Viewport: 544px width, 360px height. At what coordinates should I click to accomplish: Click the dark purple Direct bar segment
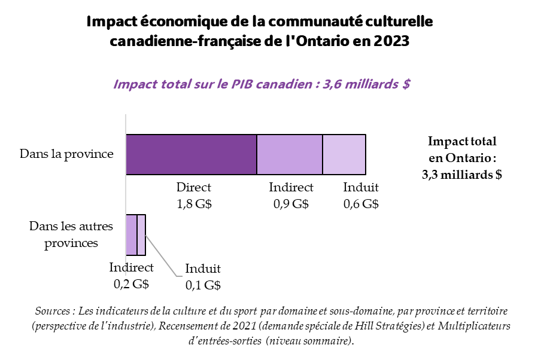click(191, 154)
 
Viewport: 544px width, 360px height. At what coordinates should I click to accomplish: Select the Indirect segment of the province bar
click(290, 154)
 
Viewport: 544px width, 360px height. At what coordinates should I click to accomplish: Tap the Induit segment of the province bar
click(344, 154)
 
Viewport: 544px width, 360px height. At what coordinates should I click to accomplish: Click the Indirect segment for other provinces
click(131, 227)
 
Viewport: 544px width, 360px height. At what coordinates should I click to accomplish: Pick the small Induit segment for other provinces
click(141, 227)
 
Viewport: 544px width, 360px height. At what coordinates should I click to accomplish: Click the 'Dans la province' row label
click(66, 154)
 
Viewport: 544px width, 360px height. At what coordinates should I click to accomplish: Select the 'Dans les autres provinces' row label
click(71, 235)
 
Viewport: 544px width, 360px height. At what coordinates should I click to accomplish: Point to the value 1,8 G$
click(194, 203)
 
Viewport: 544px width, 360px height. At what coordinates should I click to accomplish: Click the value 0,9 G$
click(291, 203)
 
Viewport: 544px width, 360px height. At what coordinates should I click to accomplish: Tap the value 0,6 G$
click(361, 203)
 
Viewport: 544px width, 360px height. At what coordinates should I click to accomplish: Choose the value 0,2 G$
click(131, 284)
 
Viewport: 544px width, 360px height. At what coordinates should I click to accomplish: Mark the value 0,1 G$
click(203, 285)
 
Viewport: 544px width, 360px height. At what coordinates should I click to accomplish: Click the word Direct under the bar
click(194, 188)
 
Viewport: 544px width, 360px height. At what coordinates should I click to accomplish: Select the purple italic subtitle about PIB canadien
click(262, 83)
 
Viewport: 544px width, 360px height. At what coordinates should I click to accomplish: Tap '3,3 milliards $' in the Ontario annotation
click(462, 175)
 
